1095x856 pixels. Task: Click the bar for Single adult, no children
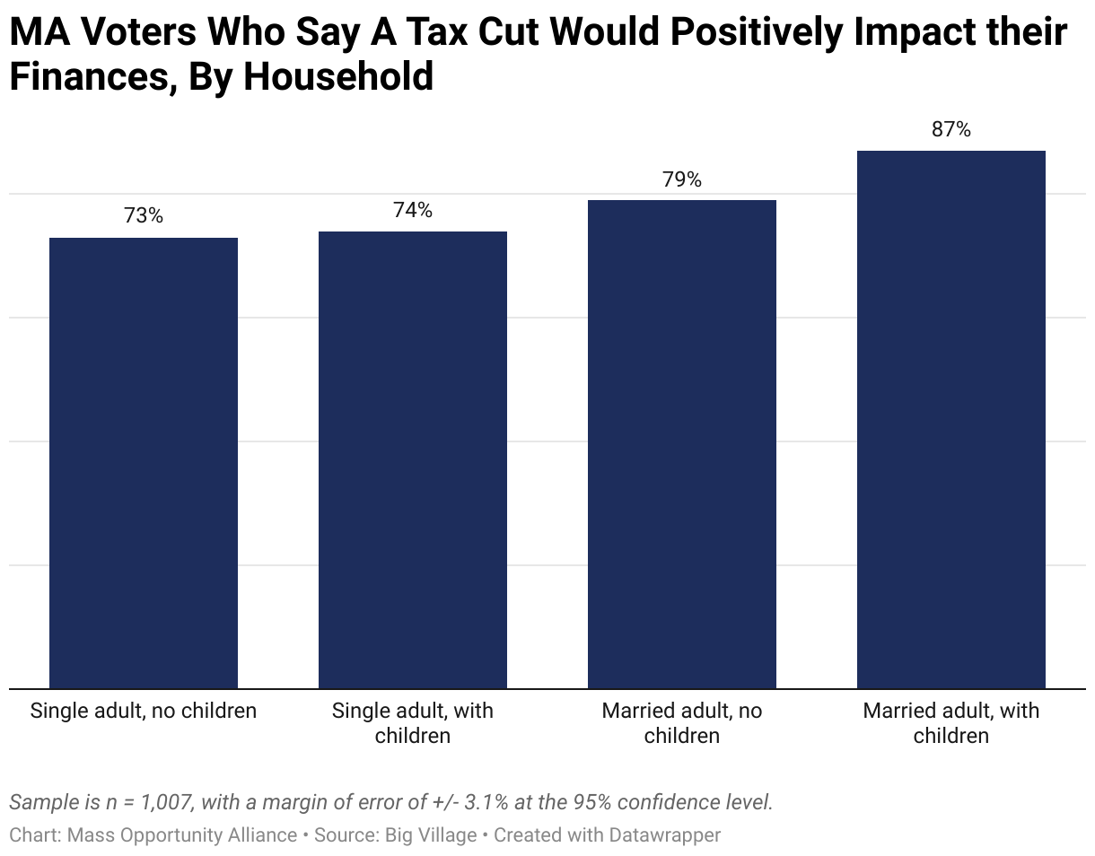click(143, 463)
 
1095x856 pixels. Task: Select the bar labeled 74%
click(412, 459)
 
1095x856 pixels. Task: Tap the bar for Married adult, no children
click(681, 444)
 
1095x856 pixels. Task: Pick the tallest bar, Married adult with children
click(950, 419)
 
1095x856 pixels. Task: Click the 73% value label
click(143, 215)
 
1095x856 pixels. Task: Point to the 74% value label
click(412, 210)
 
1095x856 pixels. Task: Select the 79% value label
click(681, 179)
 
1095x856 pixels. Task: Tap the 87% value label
click(950, 129)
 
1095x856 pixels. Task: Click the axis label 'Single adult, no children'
click(143, 711)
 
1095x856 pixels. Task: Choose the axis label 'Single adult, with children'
click(412, 723)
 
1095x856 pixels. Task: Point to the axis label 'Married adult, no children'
click(681, 723)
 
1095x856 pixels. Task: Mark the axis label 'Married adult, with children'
click(950, 723)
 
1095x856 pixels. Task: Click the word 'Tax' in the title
click(436, 31)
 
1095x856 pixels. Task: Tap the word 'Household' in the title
click(338, 76)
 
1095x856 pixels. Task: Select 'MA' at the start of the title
click(39, 31)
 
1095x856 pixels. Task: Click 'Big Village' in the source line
click(430, 834)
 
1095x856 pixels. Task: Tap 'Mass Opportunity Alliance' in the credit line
click(182, 834)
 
